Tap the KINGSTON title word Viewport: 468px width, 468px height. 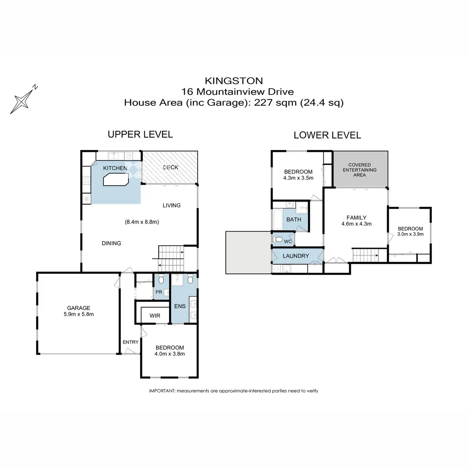click(x=234, y=81)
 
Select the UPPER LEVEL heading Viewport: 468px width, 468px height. click(x=140, y=134)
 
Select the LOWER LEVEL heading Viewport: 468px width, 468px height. click(x=327, y=135)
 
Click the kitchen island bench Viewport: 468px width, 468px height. click(x=116, y=179)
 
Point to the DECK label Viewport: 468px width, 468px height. click(x=170, y=167)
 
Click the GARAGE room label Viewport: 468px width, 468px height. click(x=78, y=308)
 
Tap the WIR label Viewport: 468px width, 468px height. click(x=155, y=316)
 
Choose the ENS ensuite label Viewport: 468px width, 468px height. click(x=180, y=306)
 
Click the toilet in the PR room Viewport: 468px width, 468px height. click(x=161, y=279)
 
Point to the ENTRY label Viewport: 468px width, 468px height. click(x=130, y=342)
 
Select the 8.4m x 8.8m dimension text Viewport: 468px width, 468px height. click(x=142, y=222)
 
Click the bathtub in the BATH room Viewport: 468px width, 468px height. click(x=278, y=219)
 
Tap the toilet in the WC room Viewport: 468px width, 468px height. click(x=278, y=239)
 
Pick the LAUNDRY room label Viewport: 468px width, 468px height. click(x=296, y=256)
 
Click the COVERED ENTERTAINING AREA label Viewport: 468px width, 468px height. click(x=360, y=170)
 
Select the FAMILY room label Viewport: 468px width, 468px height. click(x=356, y=218)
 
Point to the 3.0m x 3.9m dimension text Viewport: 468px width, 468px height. click(x=410, y=234)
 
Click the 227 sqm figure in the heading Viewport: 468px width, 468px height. click(x=275, y=103)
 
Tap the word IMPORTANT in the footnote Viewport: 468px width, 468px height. click(x=162, y=391)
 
